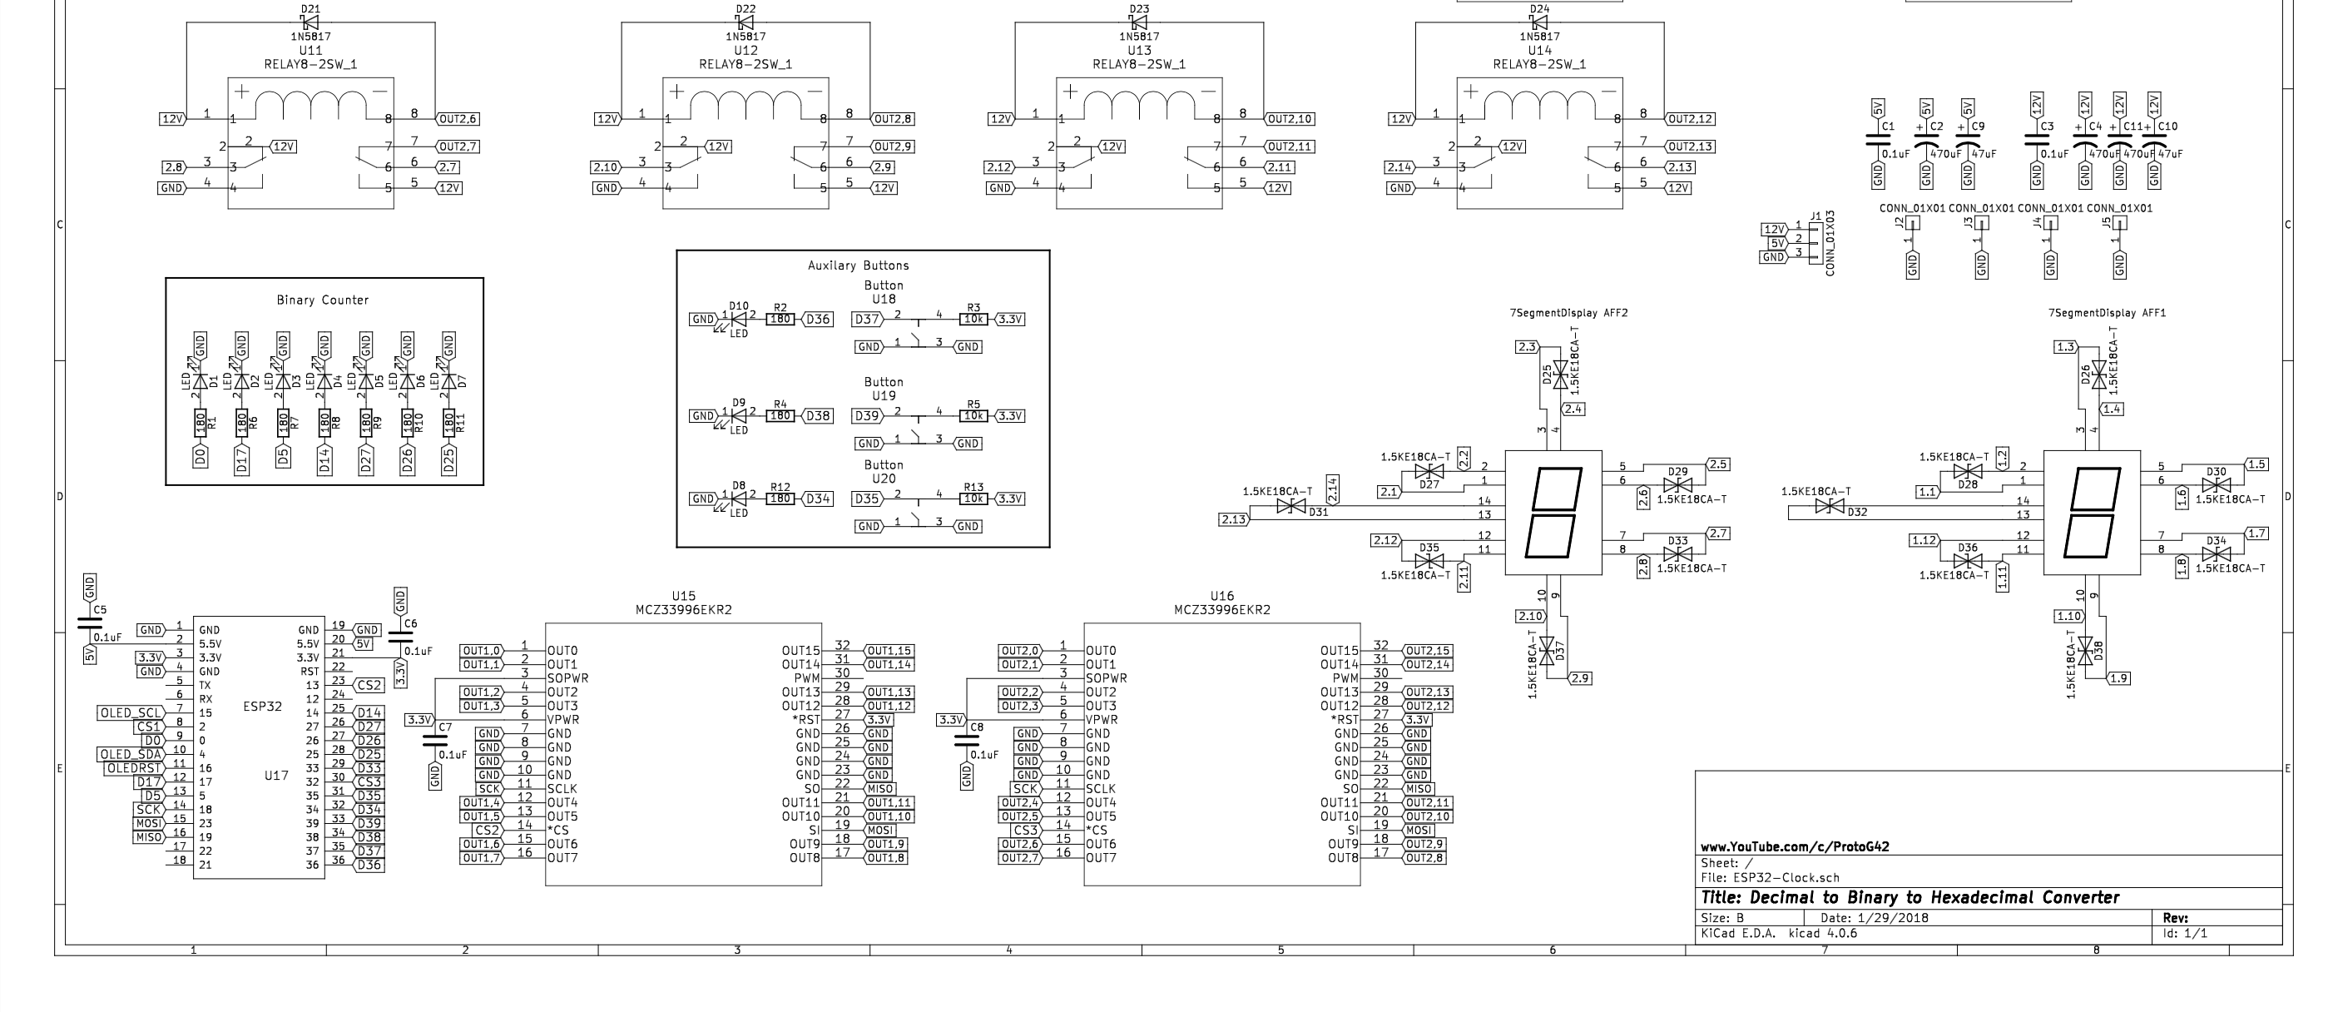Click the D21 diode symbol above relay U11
310,22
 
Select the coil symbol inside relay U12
745,106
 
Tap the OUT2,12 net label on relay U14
1691,119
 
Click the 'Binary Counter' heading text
323,300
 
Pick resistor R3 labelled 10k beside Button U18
974,320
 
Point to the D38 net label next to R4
818,416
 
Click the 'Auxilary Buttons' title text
858,265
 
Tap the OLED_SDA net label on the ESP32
131,755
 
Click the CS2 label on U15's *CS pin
487,830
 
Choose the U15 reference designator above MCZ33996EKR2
683,596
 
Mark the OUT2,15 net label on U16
1428,651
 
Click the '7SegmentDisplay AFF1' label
2107,313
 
